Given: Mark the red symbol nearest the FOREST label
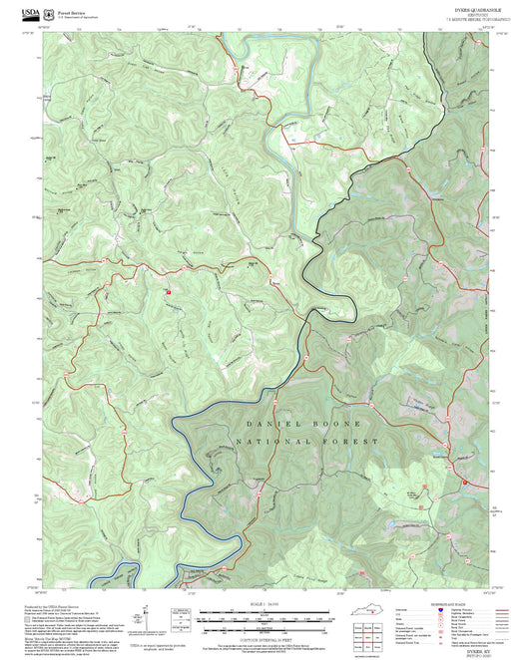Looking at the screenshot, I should coord(465,484).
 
